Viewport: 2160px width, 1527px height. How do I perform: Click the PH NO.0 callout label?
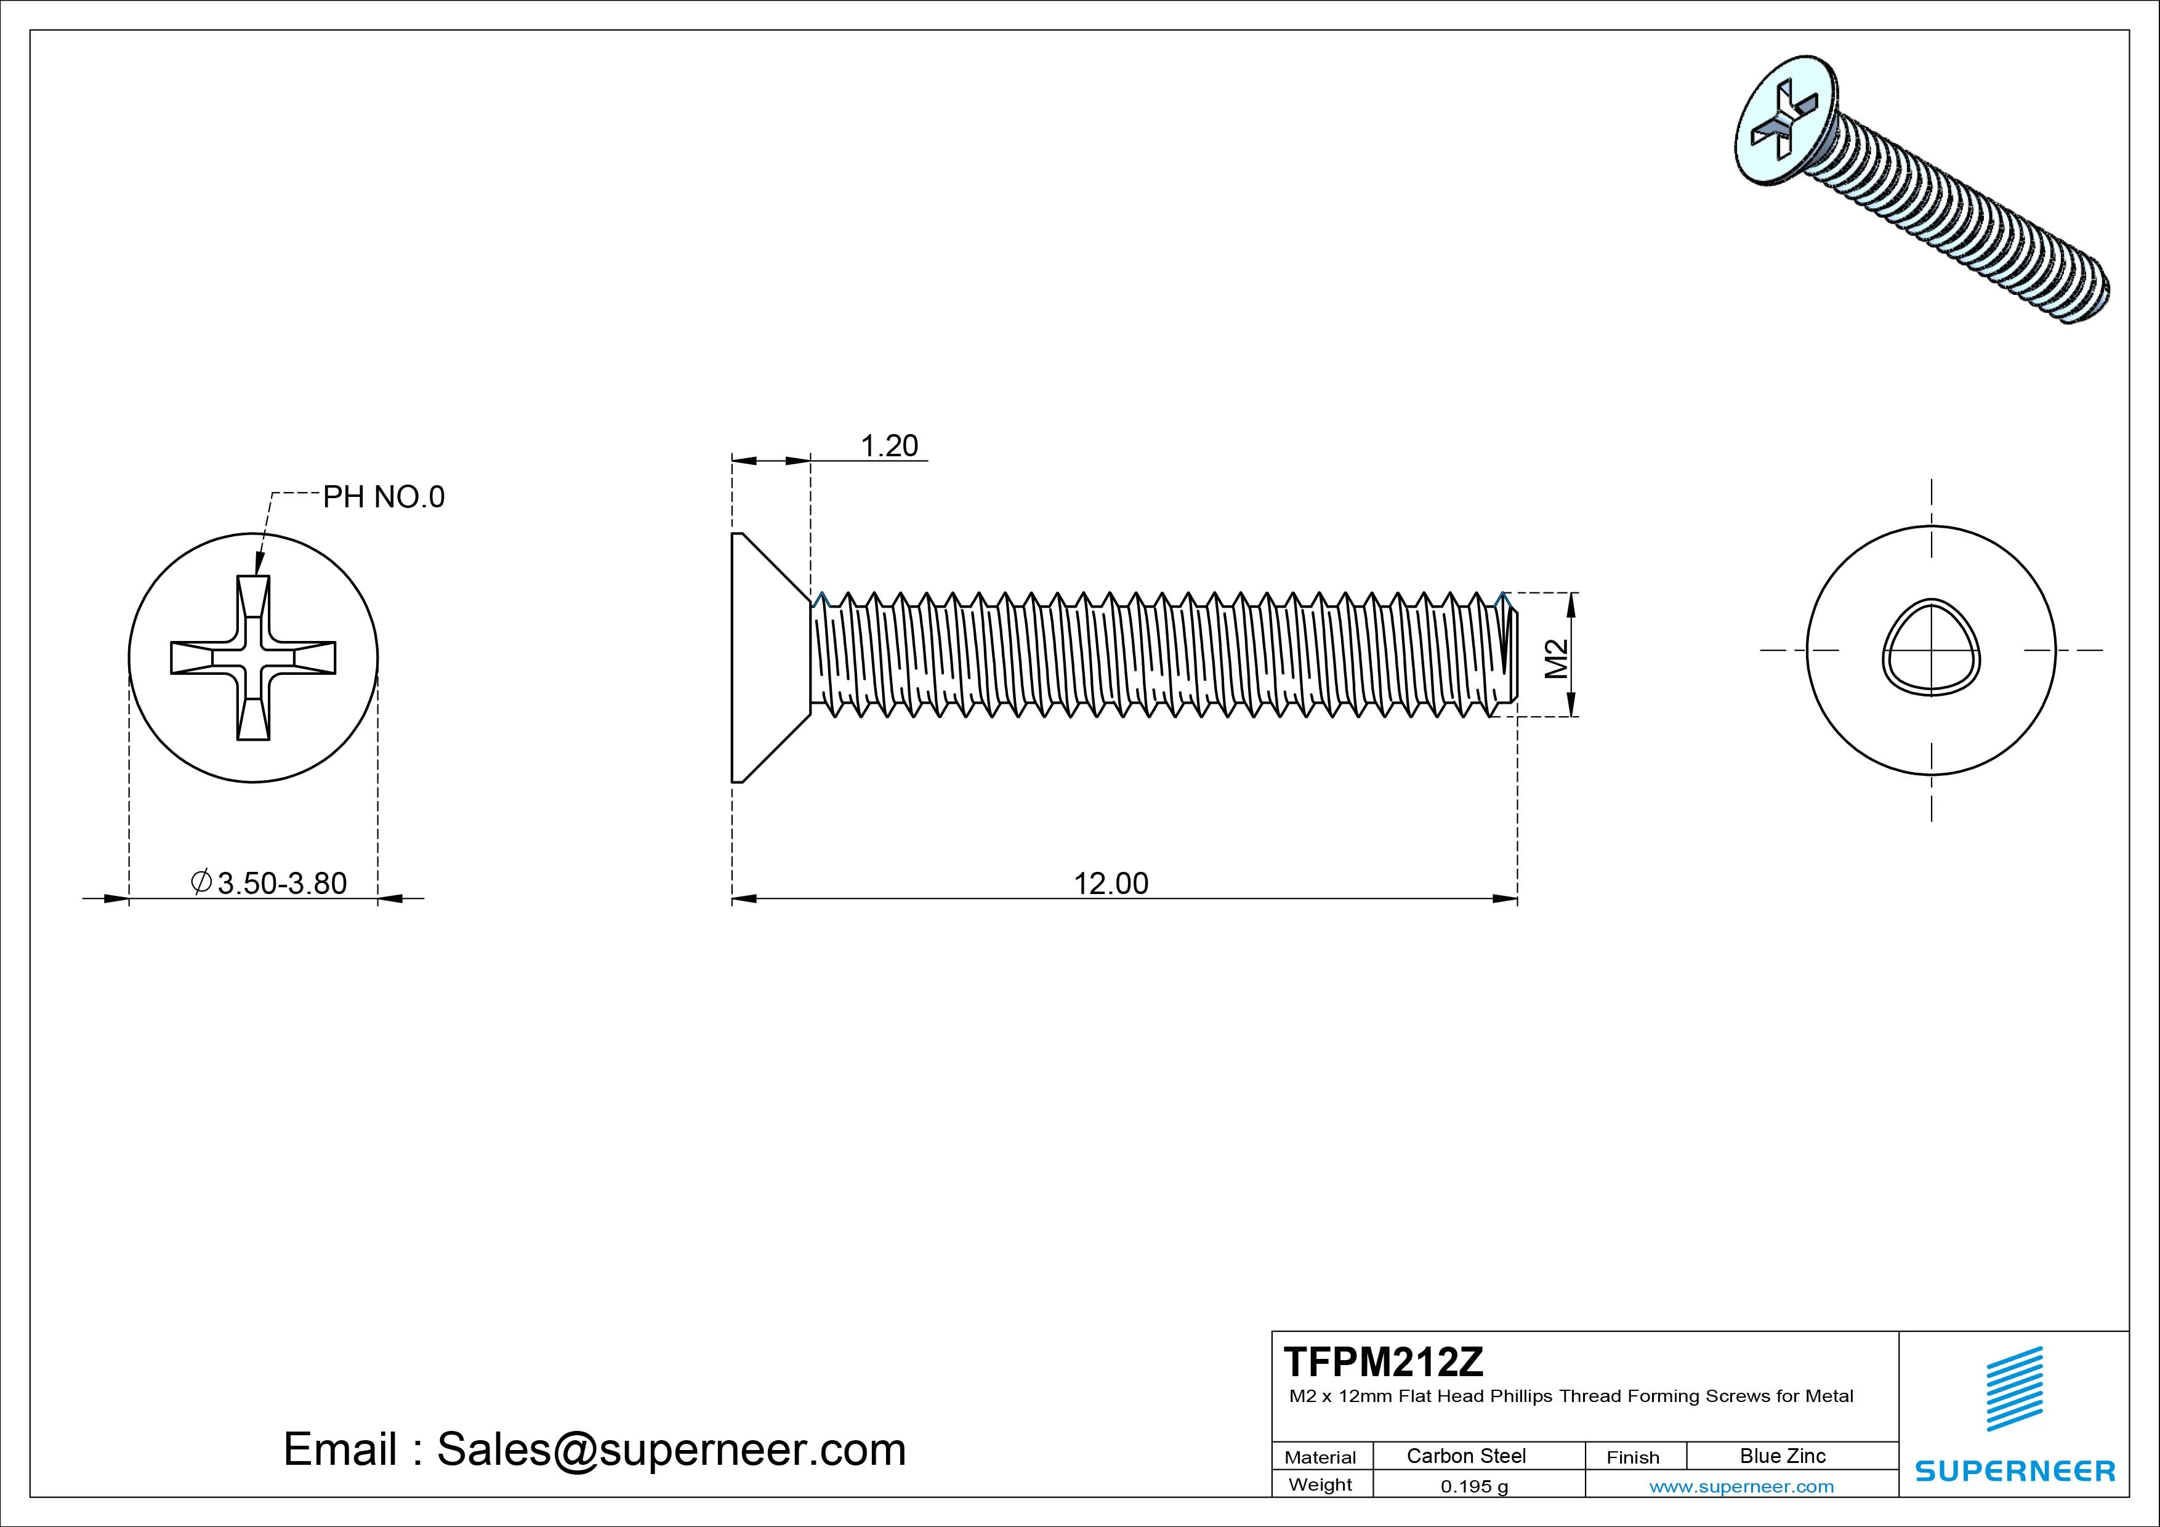pyautogui.click(x=383, y=497)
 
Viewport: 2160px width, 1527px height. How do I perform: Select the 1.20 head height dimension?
pyautogui.click(x=889, y=446)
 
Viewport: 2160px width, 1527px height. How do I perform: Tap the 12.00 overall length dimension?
pyautogui.click(x=1111, y=884)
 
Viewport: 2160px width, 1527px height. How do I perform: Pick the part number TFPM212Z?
pyautogui.click(x=1383, y=1361)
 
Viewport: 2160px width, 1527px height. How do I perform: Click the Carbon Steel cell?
pyautogui.click(x=1465, y=1456)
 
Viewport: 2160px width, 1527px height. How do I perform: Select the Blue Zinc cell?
pyautogui.click(x=1782, y=1456)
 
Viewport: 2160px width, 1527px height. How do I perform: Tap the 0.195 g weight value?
pyautogui.click(x=1474, y=1486)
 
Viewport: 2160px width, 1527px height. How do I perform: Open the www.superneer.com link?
pyautogui.click(x=1741, y=1486)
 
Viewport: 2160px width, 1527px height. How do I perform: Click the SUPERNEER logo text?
pyautogui.click(x=2015, y=1470)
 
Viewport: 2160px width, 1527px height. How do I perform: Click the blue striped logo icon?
pyautogui.click(x=2014, y=1388)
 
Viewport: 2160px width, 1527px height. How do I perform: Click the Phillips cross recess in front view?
pyautogui.click(x=253, y=658)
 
